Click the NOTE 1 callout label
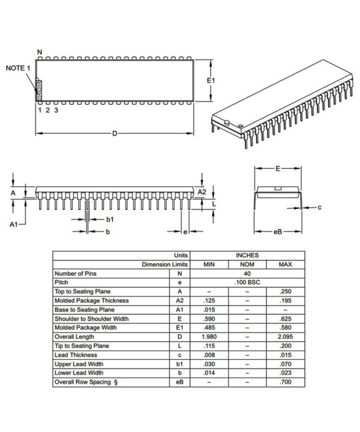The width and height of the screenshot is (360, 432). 18,68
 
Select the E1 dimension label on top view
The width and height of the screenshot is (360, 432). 211,81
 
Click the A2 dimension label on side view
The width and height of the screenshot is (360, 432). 202,191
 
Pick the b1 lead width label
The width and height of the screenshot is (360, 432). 110,219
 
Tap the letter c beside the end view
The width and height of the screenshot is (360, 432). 319,207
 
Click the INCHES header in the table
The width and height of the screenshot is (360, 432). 247,255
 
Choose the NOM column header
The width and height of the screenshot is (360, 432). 247,264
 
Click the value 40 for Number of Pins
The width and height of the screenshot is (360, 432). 247,274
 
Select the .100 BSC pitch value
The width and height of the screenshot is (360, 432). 247,282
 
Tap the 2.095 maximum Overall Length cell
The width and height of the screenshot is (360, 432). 285,336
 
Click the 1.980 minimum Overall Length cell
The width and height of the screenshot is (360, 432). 209,336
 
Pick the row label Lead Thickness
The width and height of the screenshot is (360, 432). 78,355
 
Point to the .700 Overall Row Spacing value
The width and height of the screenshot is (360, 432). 285,382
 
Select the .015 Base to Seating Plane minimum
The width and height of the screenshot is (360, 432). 209,310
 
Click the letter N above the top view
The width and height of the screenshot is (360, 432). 39,52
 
